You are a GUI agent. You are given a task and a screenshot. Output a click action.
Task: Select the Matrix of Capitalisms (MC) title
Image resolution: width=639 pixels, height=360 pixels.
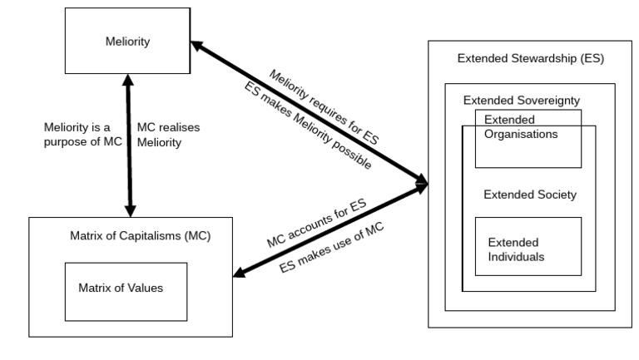pos(129,235)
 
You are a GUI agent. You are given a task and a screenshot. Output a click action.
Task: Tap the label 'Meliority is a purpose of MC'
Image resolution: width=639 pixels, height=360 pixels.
pos(82,136)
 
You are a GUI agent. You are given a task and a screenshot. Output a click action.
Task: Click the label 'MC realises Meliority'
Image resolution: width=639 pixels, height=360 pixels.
pos(170,136)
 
